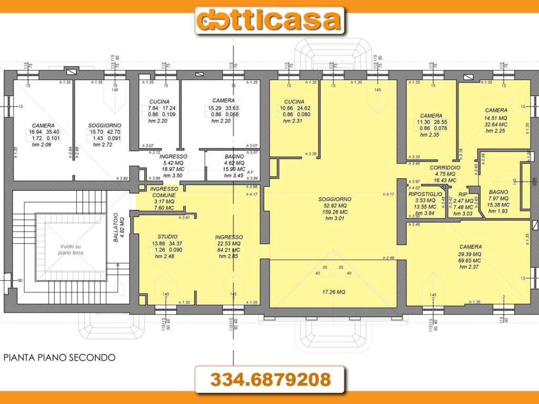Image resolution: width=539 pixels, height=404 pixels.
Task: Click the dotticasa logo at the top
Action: coord(269,21)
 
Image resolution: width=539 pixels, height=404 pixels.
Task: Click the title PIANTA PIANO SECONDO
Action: coord(59,358)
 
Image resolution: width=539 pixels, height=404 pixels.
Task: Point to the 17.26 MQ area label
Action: coord(334,292)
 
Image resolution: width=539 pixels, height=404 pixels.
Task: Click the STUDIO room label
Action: coord(167,237)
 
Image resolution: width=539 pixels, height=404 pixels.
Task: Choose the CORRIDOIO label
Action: coord(445,167)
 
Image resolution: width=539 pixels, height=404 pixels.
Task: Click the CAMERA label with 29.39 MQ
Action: coord(470,247)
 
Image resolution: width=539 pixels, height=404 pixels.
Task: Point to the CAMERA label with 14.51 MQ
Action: coord(496,110)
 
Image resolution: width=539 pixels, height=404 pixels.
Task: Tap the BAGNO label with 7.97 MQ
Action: coord(498,192)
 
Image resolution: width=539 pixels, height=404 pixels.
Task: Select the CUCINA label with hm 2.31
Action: coord(294,102)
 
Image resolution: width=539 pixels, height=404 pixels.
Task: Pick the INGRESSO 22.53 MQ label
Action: coord(228,237)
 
